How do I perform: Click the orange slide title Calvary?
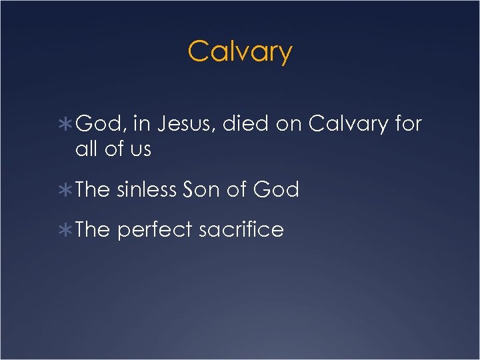tap(240, 51)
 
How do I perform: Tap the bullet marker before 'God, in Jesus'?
tap(67, 124)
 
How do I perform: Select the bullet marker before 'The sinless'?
tap(67, 190)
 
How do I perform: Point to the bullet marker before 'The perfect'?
tap(67, 230)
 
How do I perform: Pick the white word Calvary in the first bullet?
tap(348, 124)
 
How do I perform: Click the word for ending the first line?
tap(408, 124)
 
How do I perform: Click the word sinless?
tap(147, 190)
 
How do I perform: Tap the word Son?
tap(201, 190)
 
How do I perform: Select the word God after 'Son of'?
tap(276, 190)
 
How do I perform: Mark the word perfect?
tap(157, 231)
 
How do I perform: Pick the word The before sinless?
tap(93, 190)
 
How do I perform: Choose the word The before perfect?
tap(93, 230)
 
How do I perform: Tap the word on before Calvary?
tap(288, 124)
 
